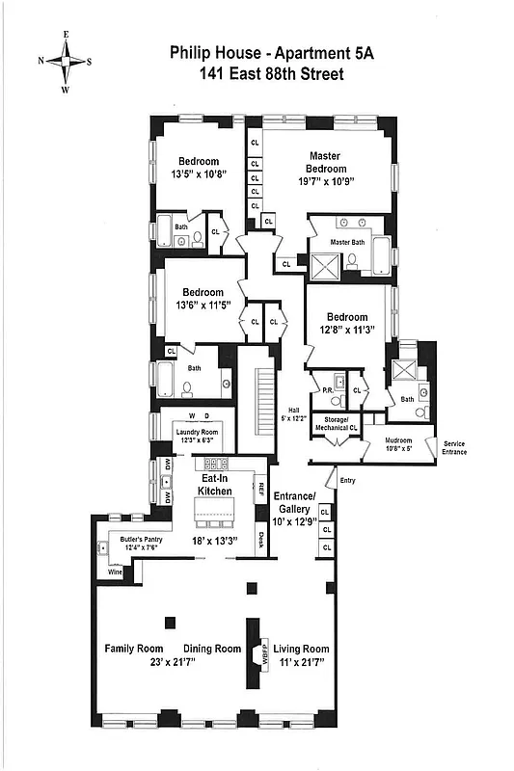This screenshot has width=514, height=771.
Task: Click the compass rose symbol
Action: tap(66, 61)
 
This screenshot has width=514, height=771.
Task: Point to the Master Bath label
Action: tap(347, 242)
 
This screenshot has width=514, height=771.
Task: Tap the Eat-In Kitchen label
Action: tap(215, 484)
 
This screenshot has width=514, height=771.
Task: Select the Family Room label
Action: tap(133, 649)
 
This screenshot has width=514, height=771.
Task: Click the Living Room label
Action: tap(301, 649)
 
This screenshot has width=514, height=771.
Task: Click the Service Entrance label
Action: tap(453, 447)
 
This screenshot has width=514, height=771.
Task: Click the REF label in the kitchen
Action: tap(260, 486)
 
